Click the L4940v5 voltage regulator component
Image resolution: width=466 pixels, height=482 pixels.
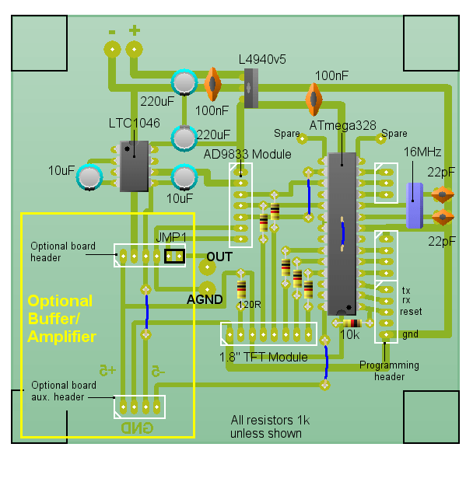click(251, 88)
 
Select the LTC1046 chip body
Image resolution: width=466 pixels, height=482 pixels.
click(135, 166)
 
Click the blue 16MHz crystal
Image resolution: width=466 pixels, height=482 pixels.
click(414, 205)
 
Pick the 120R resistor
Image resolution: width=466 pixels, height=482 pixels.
click(241, 290)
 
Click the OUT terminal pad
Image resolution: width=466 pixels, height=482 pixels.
click(206, 267)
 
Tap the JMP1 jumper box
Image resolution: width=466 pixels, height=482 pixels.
click(174, 255)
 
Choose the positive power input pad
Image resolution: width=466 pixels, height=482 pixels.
click(135, 50)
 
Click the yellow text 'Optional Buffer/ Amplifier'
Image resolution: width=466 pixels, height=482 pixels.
click(61, 319)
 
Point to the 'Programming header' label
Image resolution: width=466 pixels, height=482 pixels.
click(389, 371)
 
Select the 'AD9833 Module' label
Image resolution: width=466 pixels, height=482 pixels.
click(247, 154)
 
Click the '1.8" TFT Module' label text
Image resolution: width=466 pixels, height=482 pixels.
click(264, 357)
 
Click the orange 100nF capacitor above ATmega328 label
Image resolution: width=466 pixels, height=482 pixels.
click(314, 99)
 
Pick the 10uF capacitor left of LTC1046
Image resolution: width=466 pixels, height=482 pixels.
click(90, 178)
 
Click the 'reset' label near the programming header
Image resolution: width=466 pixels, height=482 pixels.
click(411, 311)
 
